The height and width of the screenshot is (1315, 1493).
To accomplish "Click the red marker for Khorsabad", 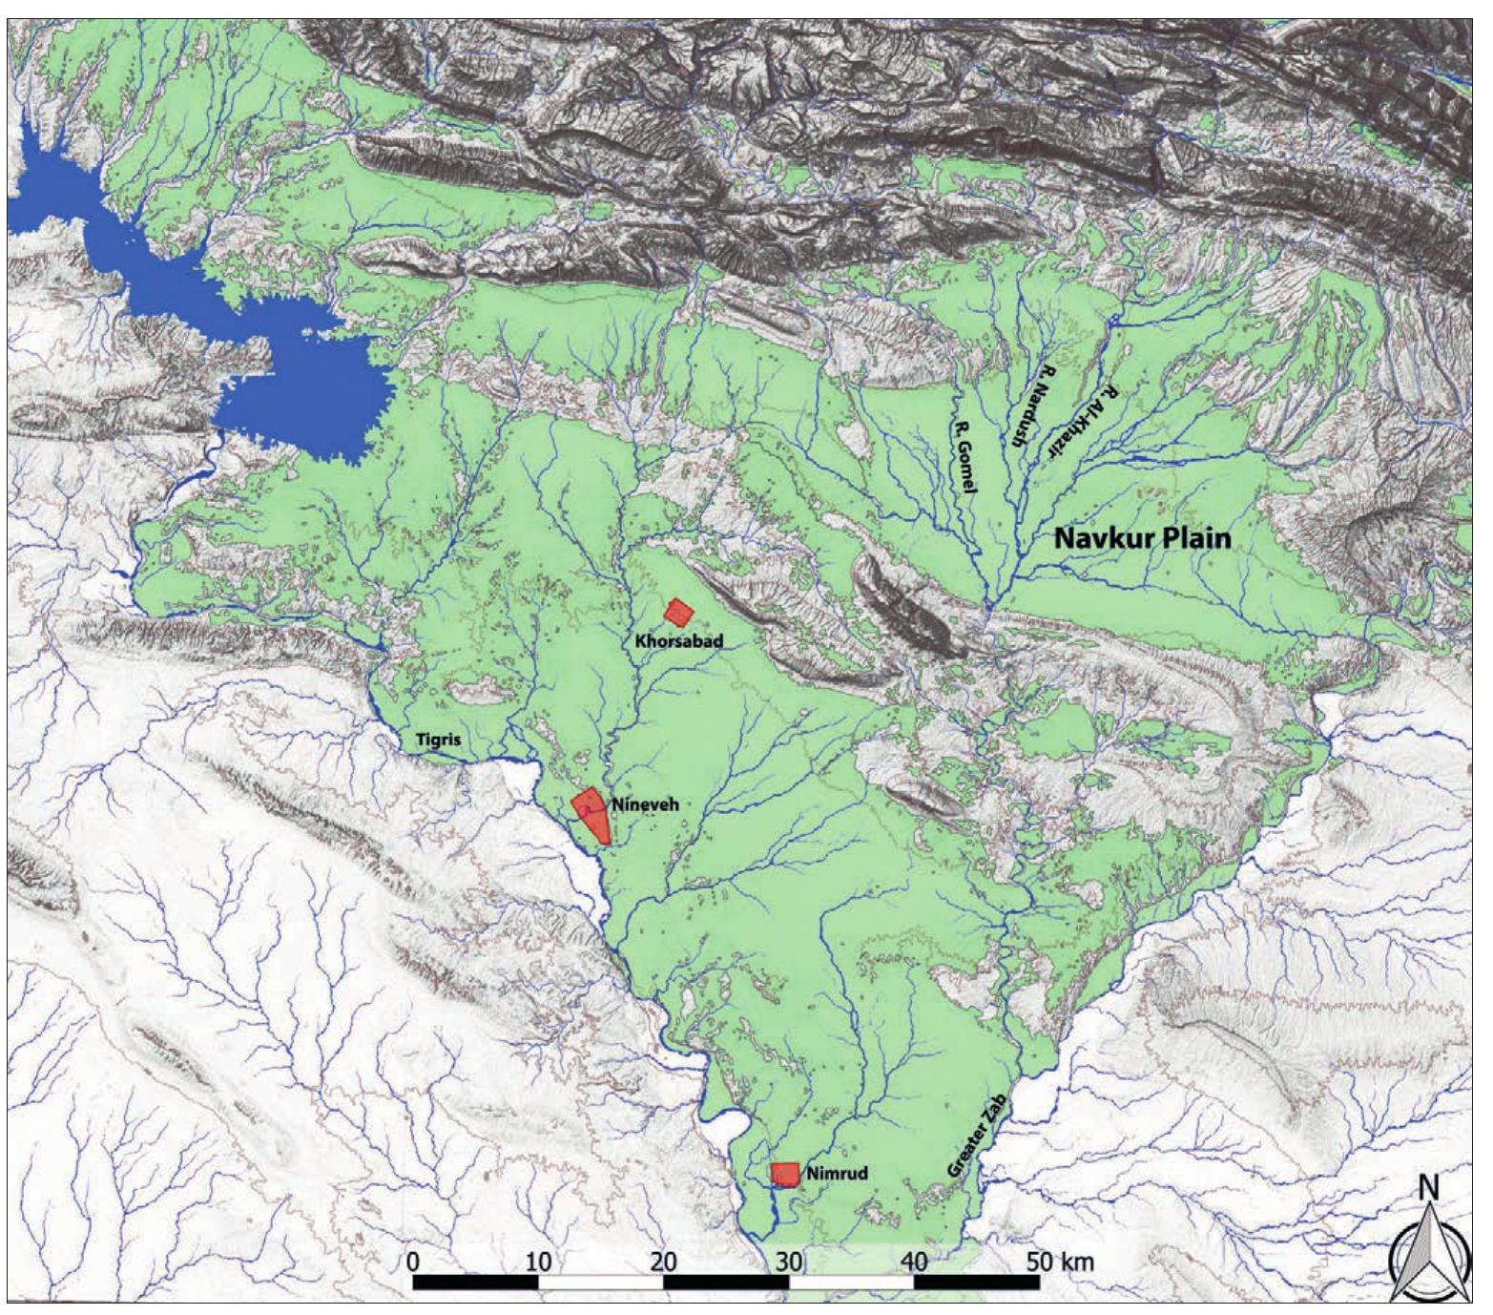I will [x=678, y=612].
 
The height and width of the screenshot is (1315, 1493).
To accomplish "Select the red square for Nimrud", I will [x=785, y=1175].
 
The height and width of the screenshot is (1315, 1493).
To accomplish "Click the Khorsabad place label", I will [x=678, y=641].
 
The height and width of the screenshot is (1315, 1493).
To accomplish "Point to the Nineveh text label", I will [x=645, y=804].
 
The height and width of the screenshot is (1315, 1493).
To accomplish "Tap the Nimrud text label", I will [x=837, y=1173].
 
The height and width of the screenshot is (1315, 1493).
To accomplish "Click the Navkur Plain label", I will [x=1142, y=538].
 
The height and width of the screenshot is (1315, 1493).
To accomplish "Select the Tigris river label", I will [x=438, y=741].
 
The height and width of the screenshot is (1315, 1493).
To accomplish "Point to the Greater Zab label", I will [x=977, y=1136].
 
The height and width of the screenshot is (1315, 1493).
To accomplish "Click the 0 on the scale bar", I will [x=412, y=1261].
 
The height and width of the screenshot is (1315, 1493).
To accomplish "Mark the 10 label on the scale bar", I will [x=538, y=1261].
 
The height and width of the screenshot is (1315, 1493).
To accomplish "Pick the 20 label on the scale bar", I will [x=663, y=1261].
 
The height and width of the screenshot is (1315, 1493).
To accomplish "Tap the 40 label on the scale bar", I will [x=914, y=1261].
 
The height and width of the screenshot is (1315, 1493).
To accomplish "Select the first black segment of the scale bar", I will [x=475, y=1282].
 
